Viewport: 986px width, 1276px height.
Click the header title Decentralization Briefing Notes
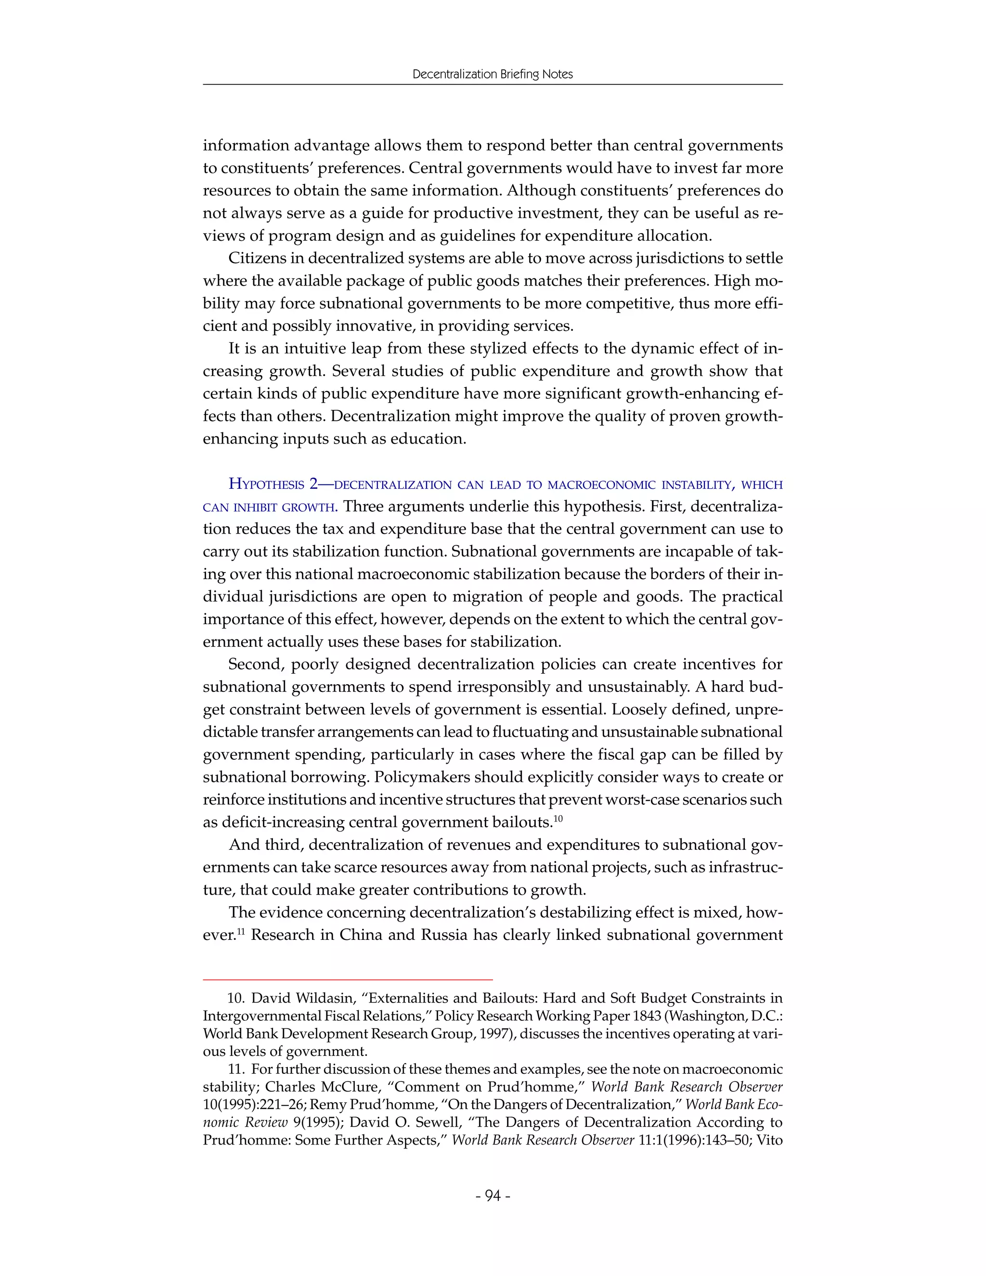[493, 74]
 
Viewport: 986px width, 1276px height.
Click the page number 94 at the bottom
[493, 1196]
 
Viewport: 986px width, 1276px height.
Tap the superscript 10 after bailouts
[558, 819]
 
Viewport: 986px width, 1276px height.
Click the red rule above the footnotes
[348, 978]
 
